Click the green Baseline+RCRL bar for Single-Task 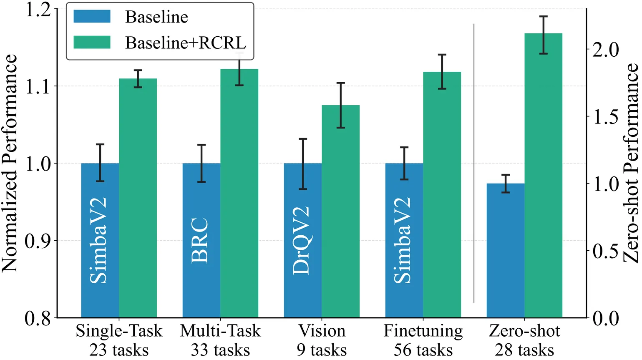pyautogui.click(x=138, y=198)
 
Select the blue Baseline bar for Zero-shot pyautogui.click(x=505, y=250)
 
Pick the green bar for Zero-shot pyautogui.click(x=543, y=175)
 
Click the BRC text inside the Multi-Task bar pyautogui.click(x=200, y=240)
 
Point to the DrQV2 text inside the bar pyautogui.click(x=302, y=240)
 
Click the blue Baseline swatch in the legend pyautogui.click(x=92, y=17)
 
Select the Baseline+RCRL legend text pyautogui.click(x=186, y=43)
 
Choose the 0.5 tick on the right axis pyautogui.click(x=605, y=251)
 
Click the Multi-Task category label pyautogui.click(x=220, y=331)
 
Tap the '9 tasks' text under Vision pyautogui.click(x=322, y=350)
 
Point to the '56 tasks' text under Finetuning pyautogui.click(x=423, y=350)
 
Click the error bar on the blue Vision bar pyautogui.click(x=303, y=164)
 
